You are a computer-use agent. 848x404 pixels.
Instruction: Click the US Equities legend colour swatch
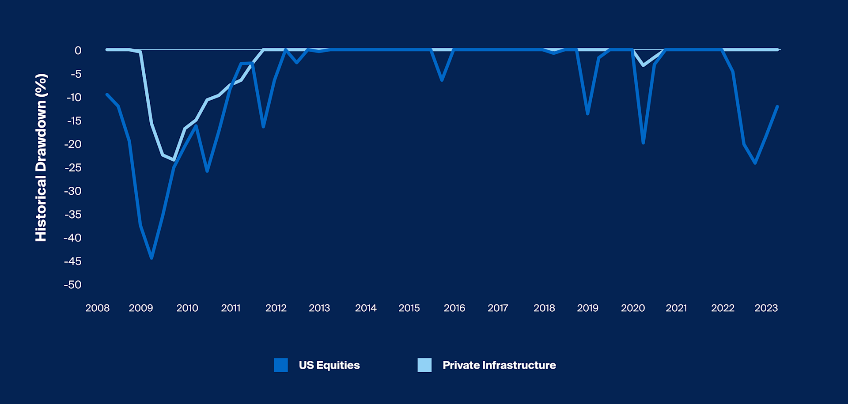(x=280, y=365)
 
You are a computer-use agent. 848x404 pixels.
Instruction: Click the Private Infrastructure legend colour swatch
(x=424, y=365)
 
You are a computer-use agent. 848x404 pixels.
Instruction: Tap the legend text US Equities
(x=329, y=365)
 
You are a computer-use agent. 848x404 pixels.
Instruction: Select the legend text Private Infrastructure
(x=499, y=365)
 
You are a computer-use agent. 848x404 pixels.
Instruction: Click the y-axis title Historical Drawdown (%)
(x=41, y=158)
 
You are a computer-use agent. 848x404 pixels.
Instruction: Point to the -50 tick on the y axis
(x=73, y=285)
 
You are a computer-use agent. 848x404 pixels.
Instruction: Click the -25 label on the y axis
(x=73, y=168)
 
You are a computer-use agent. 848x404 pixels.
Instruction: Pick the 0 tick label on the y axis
(x=78, y=51)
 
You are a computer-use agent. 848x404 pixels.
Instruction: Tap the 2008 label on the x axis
(x=97, y=308)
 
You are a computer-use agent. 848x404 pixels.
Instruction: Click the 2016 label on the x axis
(x=454, y=308)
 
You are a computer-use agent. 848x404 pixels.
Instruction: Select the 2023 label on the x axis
(x=766, y=308)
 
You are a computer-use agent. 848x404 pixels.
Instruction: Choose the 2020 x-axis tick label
(x=632, y=308)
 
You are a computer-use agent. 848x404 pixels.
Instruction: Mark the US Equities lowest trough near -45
(x=151, y=258)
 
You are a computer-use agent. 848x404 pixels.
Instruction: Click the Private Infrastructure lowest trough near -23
(x=174, y=160)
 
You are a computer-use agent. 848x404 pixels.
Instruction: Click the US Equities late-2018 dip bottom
(x=587, y=114)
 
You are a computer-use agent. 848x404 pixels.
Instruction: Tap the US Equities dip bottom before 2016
(x=442, y=80)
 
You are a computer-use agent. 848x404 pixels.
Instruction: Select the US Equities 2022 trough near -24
(x=755, y=163)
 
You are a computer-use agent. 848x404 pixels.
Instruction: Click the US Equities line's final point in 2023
(x=777, y=106)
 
